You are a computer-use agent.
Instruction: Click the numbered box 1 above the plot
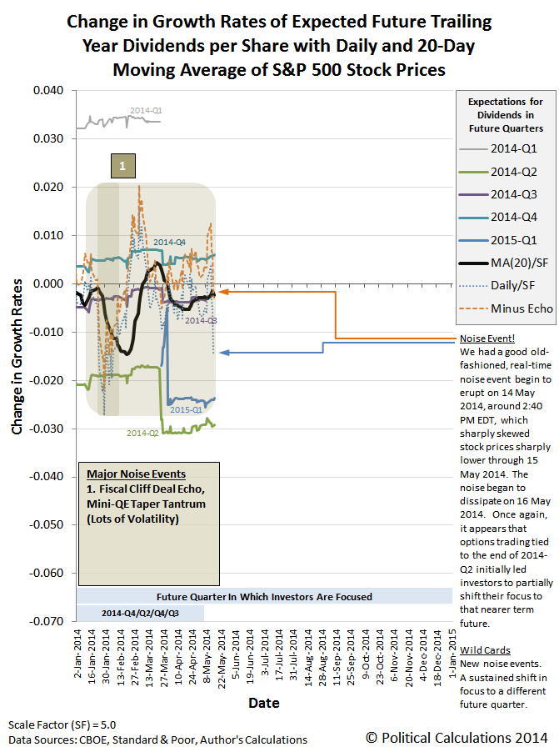click(x=122, y=167)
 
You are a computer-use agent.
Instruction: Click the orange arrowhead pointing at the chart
click(x=223, y=293)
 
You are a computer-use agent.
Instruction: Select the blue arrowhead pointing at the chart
click(x=223, y=353)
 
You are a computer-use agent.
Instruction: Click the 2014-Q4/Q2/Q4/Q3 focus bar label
click(x=139, y=613)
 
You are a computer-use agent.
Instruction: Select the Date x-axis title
click(x=265, y=703)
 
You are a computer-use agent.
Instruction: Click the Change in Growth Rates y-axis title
click(x=17, y=356)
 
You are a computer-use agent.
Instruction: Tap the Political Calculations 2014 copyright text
click(x=457, y=737)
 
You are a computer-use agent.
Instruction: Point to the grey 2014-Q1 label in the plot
click(x=146, y=109)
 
